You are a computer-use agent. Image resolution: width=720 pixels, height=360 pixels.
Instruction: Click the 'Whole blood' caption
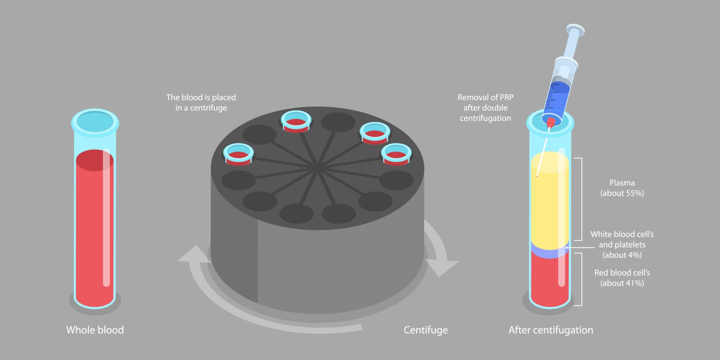[x=95, y=330]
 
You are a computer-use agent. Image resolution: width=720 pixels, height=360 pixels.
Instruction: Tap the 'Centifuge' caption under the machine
[x=425, y=330]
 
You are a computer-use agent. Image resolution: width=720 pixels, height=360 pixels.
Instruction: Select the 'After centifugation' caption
[x=551, y=330]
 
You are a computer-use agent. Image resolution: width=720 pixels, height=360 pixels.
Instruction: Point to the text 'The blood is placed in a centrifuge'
[x=201, y=103]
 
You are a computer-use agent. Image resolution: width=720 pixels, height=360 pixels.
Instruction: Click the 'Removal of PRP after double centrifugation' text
[x=486, y=108]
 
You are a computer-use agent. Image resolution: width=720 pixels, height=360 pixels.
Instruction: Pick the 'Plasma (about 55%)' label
[x=622, y=188]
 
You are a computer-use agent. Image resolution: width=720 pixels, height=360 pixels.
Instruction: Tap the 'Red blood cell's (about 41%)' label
[x=622, y=278]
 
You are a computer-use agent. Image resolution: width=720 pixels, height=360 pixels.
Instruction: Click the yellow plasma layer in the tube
[x=549, y=204]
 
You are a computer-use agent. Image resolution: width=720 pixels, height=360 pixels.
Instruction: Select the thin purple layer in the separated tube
[x=549, y=251]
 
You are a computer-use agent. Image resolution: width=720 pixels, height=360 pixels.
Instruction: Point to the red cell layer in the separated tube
[x=549, y=281]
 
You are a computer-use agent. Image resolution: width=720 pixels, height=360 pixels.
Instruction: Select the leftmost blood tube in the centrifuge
[x=238, y=154]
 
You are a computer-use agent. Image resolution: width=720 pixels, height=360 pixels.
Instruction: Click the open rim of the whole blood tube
[x=95, y=122]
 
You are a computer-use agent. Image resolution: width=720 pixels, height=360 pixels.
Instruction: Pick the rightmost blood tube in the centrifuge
[x=396, y=154]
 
